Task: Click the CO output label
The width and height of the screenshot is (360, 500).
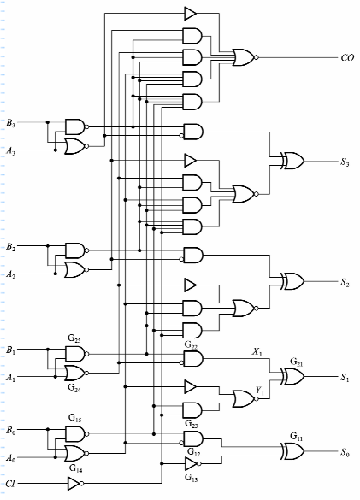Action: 346,58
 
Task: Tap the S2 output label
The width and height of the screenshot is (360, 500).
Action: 345,282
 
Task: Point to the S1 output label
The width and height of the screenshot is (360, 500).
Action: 345,377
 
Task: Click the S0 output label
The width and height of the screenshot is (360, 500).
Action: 345,452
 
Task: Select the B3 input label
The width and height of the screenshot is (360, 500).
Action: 10,122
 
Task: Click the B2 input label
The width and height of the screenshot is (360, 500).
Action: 10,246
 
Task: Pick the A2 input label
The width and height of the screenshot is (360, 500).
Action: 10,274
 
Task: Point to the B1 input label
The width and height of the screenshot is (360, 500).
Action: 10,350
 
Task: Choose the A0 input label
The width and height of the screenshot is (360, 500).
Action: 10,458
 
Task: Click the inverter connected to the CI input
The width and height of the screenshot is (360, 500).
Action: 74,485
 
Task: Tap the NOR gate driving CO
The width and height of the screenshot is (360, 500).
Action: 244,58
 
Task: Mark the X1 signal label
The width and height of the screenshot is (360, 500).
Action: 257,351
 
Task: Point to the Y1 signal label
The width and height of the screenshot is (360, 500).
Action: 257,389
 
